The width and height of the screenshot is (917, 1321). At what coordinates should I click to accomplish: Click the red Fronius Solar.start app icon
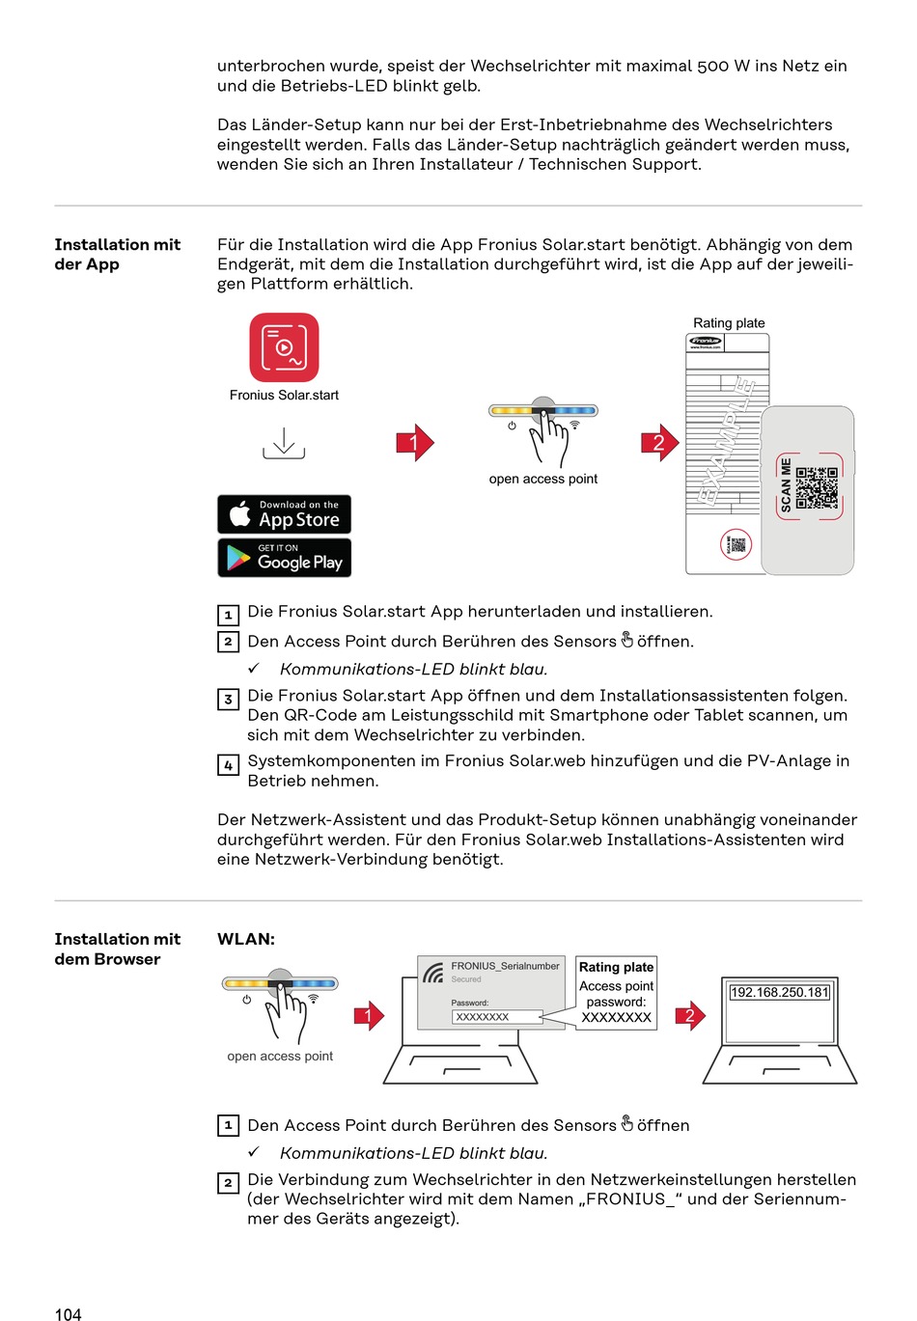pyautogui.click(x=284, y=347)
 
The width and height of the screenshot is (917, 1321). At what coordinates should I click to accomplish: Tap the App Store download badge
pyautogui.click(x=284, y=514)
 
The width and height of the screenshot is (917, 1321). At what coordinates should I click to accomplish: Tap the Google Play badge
pyautogui.click(x=284, y=558)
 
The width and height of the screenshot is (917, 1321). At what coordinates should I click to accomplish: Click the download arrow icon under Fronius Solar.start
pyautogui.click(x=284, y=443)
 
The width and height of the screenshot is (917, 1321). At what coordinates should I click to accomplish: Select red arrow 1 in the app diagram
pyautogui.click(x=415, y=443)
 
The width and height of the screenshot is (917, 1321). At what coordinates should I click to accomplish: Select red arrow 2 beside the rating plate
pyautogui.click(x=660, y=443)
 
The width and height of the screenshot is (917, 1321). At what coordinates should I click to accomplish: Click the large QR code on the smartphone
pyautogui.click(x=817, y=487)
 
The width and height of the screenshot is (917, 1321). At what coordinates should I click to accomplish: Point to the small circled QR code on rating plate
pyautogui.click(x=736, y=544)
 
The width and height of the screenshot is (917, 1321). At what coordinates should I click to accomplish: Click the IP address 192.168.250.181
pyautogui.click(x=779, y=992)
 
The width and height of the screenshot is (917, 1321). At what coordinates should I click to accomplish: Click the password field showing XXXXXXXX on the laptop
pyautogui.click(x=496, y=1017)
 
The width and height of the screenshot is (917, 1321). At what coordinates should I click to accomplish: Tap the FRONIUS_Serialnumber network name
pyautogui.click(x=505, y=966)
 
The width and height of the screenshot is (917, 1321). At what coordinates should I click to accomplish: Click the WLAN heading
pyautogui.click(x=246, y=939)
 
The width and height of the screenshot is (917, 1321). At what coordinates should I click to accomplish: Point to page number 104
pyautogui.click(x=69, y=1314)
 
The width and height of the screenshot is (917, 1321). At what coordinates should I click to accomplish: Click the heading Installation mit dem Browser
pyautogui.click(x=117, y=949)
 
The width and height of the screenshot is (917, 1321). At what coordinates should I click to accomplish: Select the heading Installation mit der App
pyautogui.click(x=117, y=255)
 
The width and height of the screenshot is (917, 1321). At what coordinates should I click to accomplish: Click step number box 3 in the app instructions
pyautogui.click(x=228, y=700)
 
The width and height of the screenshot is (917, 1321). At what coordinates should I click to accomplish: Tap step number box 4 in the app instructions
pyautogui.click(x=228, y=765)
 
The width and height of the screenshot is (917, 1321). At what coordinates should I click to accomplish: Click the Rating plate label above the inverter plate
pyautogui.click(x=729, y=323)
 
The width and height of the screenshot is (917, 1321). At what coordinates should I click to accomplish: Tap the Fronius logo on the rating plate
pyautogui.click(x=706, y=341)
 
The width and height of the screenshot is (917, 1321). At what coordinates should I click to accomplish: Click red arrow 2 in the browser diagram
pyautogui.click(x=690, y=1015)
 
